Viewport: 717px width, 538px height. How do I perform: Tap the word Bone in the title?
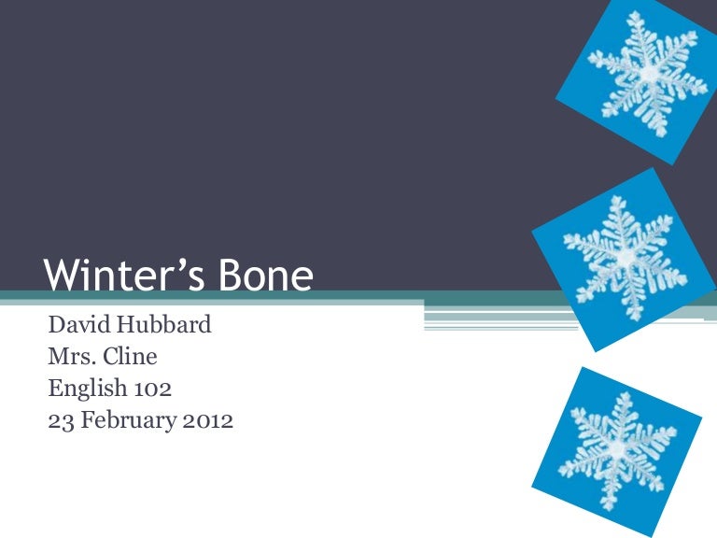point(265,275)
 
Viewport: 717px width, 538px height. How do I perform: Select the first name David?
point(79,324)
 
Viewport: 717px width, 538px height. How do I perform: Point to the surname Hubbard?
point(163,324)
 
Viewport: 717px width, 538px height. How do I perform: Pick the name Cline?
point(130,357)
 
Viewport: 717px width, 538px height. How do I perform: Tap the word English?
point(88,389)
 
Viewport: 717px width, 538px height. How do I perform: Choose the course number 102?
point(153,389)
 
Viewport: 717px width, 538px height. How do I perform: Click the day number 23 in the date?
point(61,421)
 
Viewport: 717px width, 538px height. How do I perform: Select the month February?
point(128,421)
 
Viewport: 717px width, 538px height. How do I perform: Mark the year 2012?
point(207,421)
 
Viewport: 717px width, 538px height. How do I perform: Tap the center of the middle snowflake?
point(626,258)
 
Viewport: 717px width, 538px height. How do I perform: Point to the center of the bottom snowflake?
point(617,450)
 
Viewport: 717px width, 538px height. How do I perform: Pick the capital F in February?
point(88,421)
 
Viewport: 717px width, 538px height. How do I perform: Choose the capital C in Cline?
point(111,357)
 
